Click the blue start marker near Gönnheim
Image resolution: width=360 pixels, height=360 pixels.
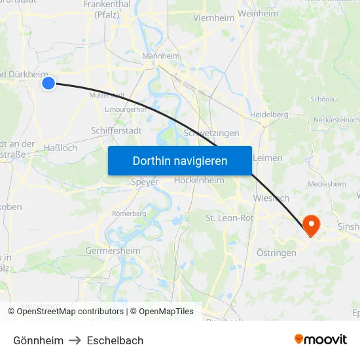pos(48,83)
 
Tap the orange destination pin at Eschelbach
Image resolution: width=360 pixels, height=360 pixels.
pos(310,226)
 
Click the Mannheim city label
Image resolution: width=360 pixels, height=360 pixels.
pos(160,56)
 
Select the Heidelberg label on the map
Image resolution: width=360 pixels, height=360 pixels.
pos(269,115)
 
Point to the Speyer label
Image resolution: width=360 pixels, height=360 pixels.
pos(145,182)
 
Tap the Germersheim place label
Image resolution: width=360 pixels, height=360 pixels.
pos(113,251)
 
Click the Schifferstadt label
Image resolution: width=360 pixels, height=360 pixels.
pos(116,130)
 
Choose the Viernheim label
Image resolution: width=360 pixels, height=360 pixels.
pos(213,18)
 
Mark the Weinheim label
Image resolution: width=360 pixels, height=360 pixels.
pos(259,13)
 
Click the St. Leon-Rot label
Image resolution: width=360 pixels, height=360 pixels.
pos(229,218)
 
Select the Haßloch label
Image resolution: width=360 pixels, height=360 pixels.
pos(60,148)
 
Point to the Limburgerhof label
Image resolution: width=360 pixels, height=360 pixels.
pos(126,109)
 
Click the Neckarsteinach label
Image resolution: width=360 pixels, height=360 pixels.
pos(336,120)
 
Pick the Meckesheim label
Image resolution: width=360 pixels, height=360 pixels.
pos(325,184)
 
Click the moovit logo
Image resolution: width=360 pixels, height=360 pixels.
pos(321,340)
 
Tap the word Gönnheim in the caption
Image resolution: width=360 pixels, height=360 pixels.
pos(39,340)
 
